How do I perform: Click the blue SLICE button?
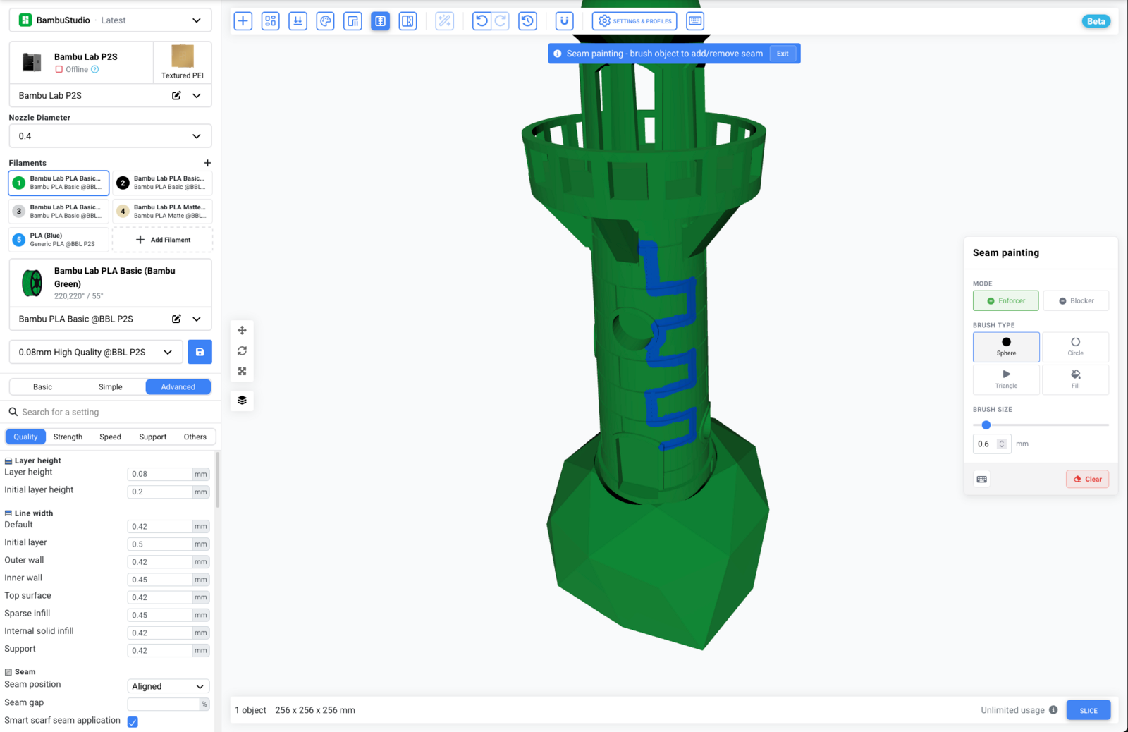point(1089,710)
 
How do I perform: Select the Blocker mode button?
point(1076,300)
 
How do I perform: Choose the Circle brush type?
point(1075,346)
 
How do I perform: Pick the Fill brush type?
point(1075,379)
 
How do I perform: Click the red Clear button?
point(1087,479)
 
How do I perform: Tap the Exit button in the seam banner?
point(782,54)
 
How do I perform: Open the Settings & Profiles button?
point(634,21)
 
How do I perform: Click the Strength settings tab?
point(68,437)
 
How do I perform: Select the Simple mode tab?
point(110,387)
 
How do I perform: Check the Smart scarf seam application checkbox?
point(133,722)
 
